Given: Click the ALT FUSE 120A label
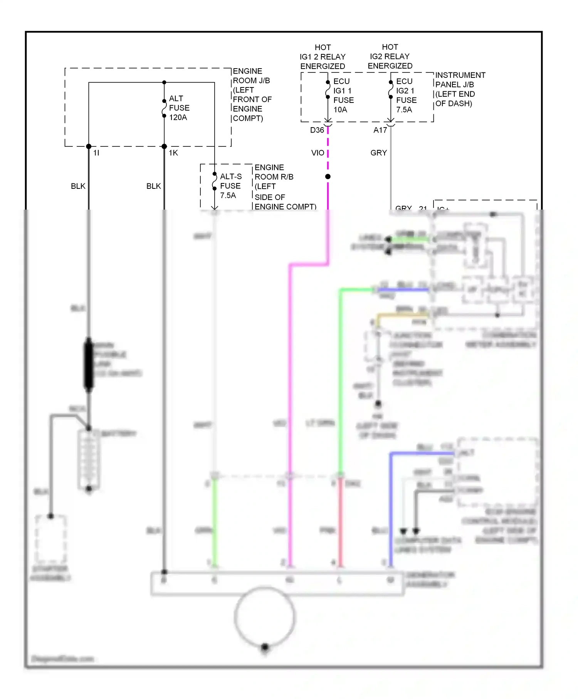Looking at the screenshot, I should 179,108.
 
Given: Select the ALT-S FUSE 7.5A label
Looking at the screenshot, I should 230,186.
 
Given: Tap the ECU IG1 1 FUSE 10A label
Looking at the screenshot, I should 343,95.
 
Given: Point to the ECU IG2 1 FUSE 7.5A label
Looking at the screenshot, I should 406,95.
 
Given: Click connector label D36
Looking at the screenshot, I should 317,130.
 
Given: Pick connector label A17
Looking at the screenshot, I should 380,130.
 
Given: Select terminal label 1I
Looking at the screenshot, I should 96,153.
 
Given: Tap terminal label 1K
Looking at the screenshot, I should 173,153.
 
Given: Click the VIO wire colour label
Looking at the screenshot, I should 318,153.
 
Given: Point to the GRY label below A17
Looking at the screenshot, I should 378,153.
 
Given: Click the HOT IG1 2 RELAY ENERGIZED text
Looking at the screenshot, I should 323,57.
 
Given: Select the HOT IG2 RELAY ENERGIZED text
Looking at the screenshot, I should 390,56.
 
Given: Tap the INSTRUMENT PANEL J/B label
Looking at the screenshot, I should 460,89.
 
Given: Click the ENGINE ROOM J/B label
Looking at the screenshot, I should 252,94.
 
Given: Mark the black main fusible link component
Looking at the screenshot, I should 89,364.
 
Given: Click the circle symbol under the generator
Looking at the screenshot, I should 265,617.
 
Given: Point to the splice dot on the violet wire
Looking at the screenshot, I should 328,176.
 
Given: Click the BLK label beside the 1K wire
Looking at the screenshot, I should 153,186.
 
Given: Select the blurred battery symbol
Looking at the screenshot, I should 89,459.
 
